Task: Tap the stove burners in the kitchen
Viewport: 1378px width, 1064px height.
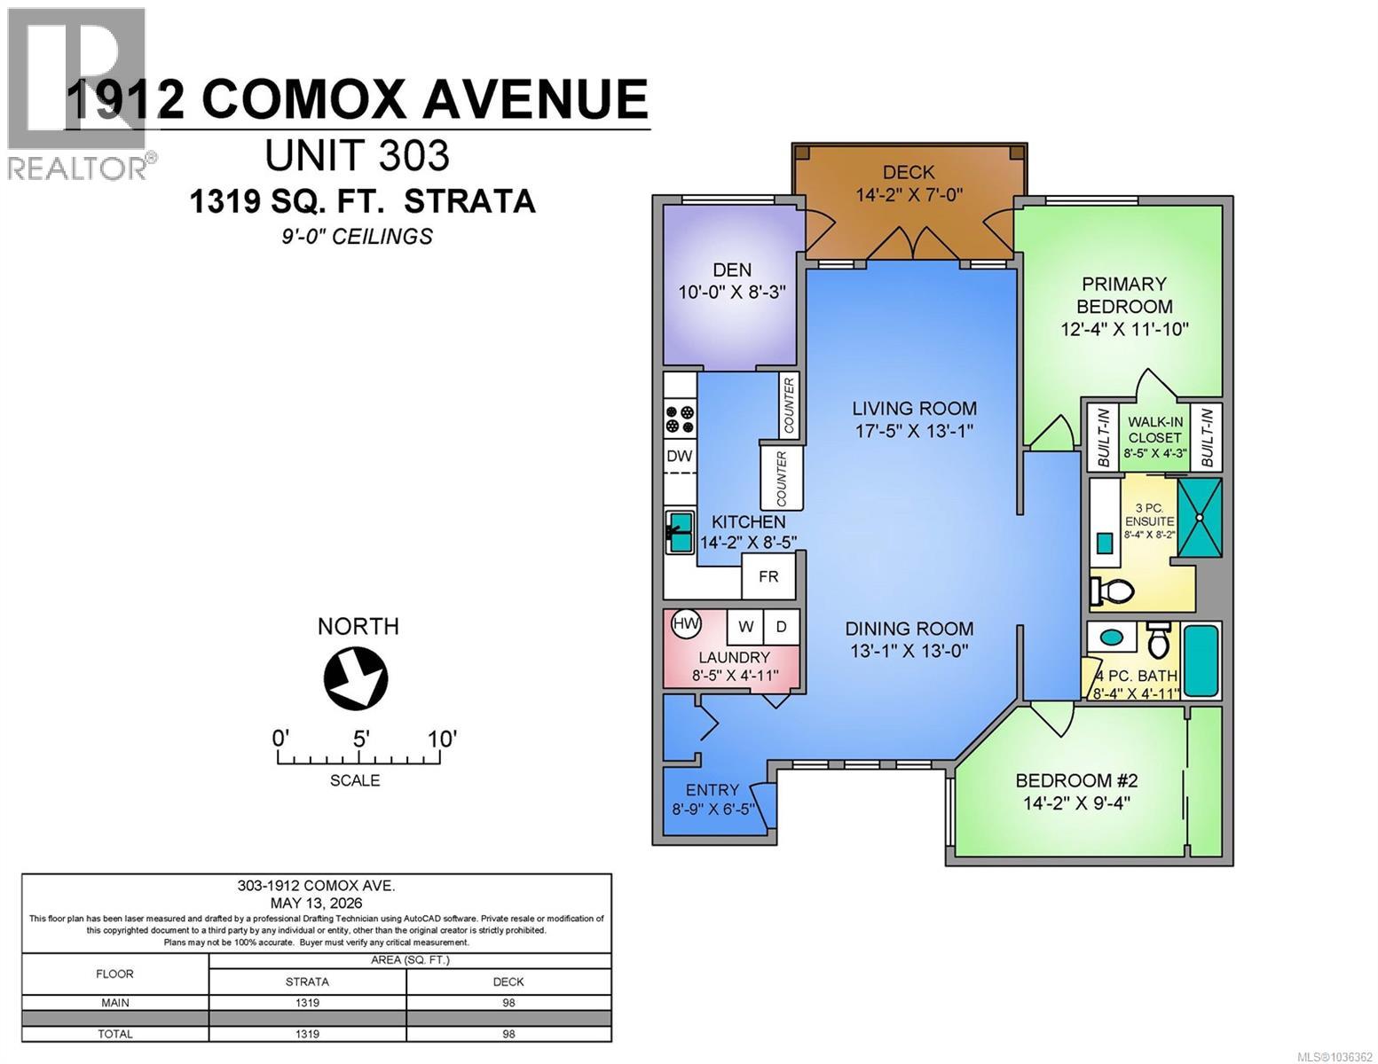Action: [679, 419]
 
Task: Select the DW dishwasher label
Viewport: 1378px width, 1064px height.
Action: [679, 456]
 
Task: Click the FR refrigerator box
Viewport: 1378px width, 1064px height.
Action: [768, 576]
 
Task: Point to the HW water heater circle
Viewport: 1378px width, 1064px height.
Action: [686, 623]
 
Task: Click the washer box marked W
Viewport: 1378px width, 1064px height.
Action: [745, 626]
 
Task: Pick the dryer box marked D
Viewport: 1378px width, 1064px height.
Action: [781, 626]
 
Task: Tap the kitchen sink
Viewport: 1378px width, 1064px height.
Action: [679, 532]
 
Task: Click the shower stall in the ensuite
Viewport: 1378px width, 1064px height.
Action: [1199, 517]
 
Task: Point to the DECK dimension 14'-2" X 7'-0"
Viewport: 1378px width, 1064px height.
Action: [909, 194]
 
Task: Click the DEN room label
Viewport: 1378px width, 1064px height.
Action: [732, 270]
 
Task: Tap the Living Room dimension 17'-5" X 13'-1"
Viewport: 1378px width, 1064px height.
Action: [913, 431]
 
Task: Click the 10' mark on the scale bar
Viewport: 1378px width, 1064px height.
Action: [441, 739]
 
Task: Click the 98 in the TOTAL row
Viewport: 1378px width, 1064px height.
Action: [508, 1034]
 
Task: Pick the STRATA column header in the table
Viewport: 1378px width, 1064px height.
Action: [307, 982]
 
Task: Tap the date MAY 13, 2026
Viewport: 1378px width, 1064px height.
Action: [316, 903]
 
